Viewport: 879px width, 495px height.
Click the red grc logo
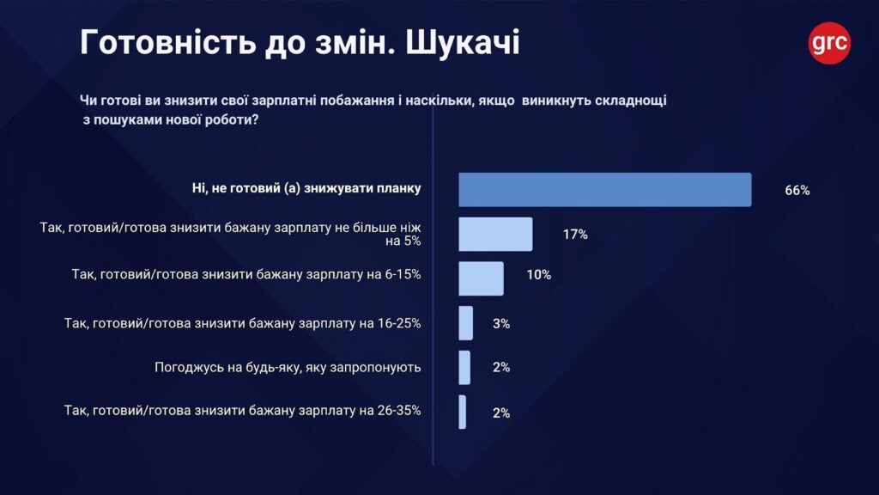[x=829, y=41]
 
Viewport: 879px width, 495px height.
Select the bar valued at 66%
[x=604, y=190]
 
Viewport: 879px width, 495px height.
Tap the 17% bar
[x=495, y=234]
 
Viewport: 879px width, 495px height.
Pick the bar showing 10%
[x=481, y=278]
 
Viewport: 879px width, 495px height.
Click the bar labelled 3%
[x=465, y=323]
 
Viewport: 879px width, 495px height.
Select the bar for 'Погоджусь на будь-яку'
[x=464, y=367]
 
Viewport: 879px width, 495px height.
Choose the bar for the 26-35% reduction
[x=463, y=412]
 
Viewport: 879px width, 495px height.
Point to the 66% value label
[x=797, y=191]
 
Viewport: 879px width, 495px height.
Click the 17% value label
[x=575, y=234]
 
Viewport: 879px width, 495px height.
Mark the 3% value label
[x=501, y=323]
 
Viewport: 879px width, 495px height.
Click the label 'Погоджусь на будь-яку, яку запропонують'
[x=288, y=368]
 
